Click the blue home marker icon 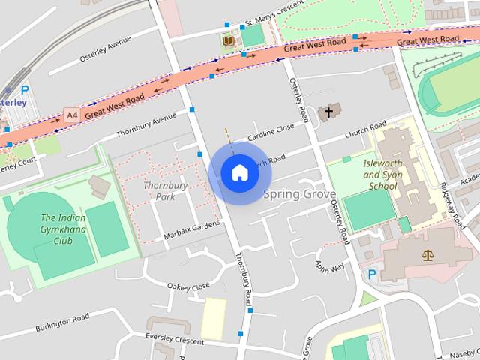point(239,173)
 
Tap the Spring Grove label point(299,194)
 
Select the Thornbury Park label point(159,191)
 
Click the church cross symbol point(327,113)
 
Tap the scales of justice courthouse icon point(428,256)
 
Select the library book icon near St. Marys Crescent point(228,40)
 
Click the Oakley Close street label point(188,286)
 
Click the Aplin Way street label point(330,268)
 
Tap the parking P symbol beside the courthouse point(371,274)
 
